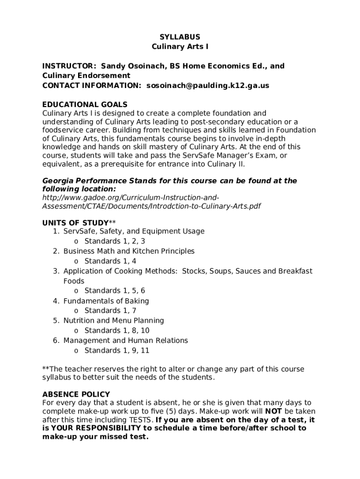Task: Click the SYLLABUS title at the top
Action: coord(180,37)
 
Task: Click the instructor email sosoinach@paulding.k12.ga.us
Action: coord(208,86)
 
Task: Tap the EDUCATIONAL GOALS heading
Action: coord(85,104)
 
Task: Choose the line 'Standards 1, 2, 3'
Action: coord(115,241)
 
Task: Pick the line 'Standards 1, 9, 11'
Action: coord(117,350)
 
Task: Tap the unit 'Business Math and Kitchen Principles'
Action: coord(129,251)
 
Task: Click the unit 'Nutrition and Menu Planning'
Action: coord(114,320)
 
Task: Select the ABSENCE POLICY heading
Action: coord(76,394)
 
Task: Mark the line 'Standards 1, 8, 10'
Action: coord(117,331)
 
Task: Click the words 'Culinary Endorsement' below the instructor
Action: coord(86,75)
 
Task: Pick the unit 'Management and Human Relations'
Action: coord(125,341)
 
